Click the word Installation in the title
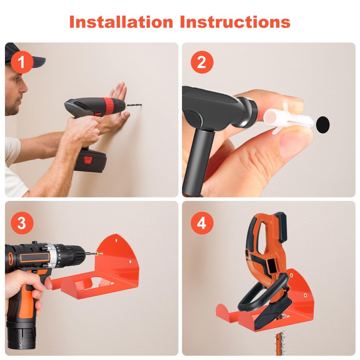(x=121, y=22)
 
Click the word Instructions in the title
(x=235, y=22)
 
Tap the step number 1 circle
(x=22, y=62)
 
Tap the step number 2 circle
(x=202, y=62)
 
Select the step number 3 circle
(x=22, y=223)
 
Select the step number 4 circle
(x=202, y=223)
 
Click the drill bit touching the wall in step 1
(x=134, y=106)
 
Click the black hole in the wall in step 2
(x=323, y=124)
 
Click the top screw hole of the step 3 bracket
(x=116, y=240)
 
